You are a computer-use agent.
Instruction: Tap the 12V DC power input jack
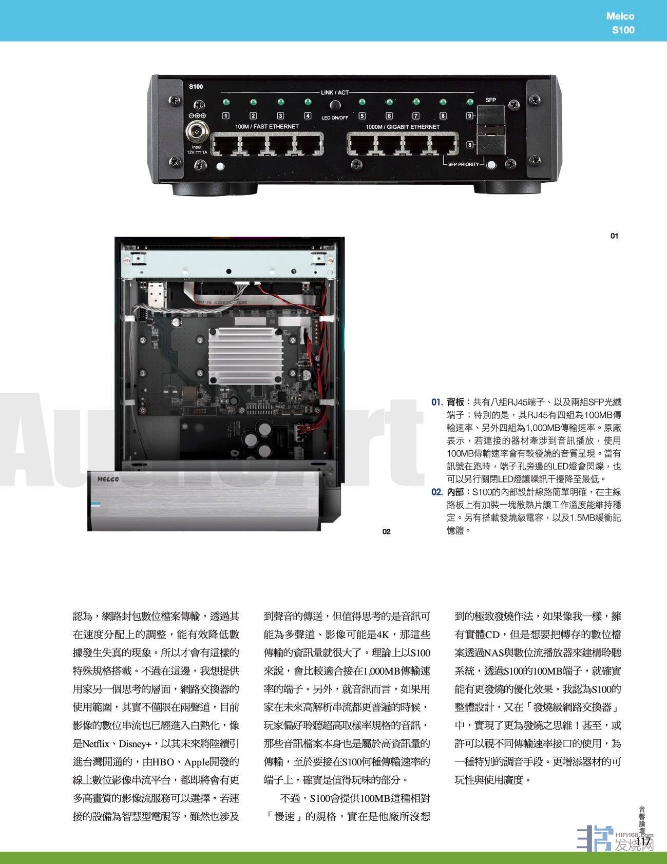(x=197, y=132)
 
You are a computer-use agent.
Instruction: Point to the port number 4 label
(x=308, y=116)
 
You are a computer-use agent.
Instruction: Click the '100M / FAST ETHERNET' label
(x=260, y=127)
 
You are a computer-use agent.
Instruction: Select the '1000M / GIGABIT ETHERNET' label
(x=403, y=127)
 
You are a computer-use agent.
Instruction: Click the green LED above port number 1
(x=225, y=102)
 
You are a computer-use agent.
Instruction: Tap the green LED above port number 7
(x=416, y=102)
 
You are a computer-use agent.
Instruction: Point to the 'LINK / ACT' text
(x=335, y=92)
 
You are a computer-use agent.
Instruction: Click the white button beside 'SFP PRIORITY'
(x=491, y=165)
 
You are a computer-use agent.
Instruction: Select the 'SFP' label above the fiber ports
(x=491, y=100)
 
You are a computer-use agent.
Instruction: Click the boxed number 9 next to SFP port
(x=469, y=116)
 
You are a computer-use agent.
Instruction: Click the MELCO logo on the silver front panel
(x=108, y=479)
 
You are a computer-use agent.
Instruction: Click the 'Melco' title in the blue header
(x=620, y=16)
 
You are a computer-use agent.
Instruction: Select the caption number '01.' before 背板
(x=437, y=401)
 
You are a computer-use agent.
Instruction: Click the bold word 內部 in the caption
(x=455, y=492)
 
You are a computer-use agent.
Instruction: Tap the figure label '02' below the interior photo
(x=387, y=531)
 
